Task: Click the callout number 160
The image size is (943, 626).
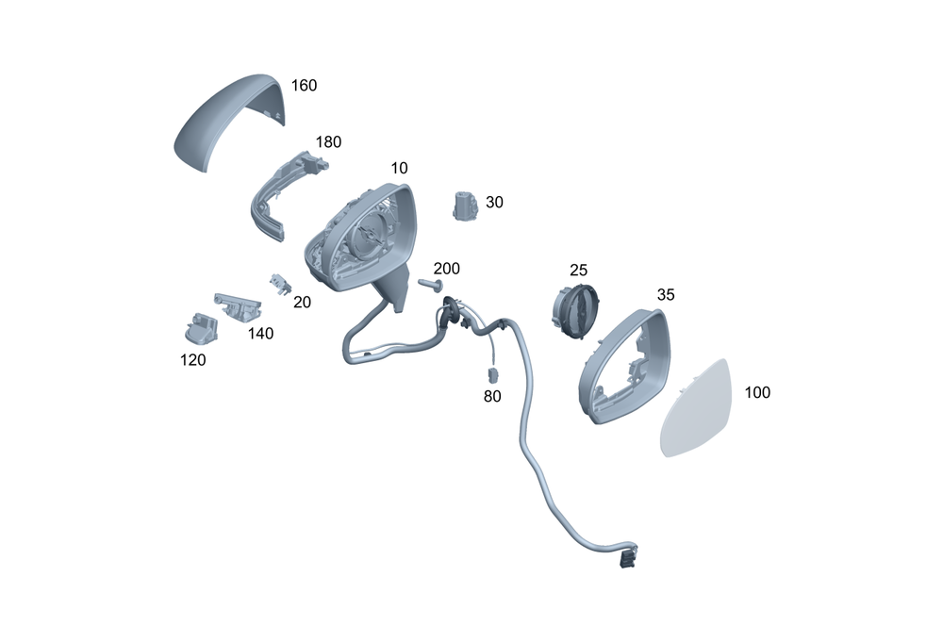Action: tap(304, 85)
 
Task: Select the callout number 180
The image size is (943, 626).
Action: tap(328, 142)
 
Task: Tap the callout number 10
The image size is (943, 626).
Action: tap(399, 168)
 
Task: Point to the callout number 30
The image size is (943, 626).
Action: tap(495, 202)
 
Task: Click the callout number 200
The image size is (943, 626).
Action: tap(446, 269)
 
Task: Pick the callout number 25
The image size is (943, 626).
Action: tap(578, 271)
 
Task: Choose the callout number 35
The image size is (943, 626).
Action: tap(666, 294)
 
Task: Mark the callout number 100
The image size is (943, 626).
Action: tap(757, 392)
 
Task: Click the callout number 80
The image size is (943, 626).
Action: tap(492, 397)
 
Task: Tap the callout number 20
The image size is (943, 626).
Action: tap(302, 303)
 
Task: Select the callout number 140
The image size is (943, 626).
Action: tap(261, 333)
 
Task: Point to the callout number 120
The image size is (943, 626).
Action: tap(192, 359)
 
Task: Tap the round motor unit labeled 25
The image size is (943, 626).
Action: tap(571, 306)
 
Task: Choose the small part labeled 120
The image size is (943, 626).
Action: tap(199, 326)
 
